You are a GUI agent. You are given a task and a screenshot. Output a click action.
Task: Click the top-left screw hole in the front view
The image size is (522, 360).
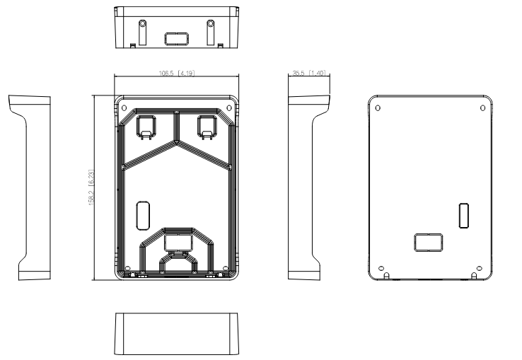(124, 108)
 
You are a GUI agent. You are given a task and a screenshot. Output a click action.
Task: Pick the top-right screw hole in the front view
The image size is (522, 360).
(228, 108)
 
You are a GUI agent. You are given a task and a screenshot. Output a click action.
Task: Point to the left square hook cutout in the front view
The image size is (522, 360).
(145, 126)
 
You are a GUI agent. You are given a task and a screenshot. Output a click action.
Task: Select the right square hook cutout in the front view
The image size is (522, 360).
(207, 126)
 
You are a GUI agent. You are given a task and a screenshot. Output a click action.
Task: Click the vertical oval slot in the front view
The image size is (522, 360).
(140, 214)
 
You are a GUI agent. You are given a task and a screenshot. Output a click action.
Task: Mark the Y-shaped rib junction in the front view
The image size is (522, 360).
(176, 141)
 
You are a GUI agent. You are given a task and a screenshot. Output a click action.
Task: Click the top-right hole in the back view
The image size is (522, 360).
(482, 108)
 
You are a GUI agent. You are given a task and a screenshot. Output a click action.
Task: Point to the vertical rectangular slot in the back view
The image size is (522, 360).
(464, 215)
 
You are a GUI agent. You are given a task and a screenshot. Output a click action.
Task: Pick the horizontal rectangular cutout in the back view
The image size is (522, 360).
(429, 243)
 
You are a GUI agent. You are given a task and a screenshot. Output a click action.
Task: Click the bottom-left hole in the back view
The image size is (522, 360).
(383, 268)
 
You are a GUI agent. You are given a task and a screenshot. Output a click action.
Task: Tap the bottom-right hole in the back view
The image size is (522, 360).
(479, 268)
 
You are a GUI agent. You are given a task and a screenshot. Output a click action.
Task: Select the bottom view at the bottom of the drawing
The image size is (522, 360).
(176, 332)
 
